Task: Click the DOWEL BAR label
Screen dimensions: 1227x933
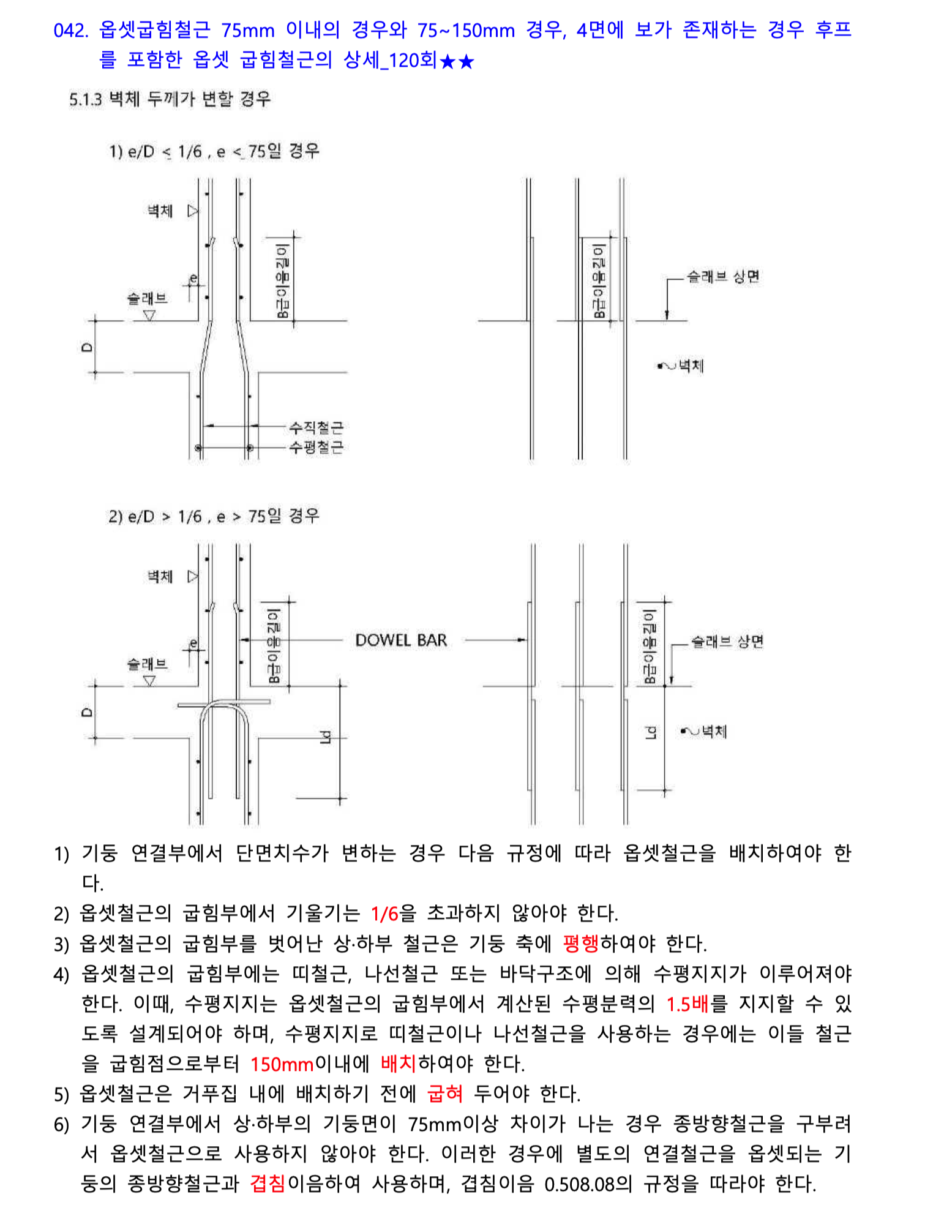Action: point(401,640)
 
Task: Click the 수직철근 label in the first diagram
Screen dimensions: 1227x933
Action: point(316,427)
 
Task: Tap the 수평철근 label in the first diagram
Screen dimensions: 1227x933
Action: point(316,447)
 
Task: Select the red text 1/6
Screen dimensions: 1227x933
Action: point(384,914)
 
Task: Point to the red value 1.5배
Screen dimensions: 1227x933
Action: point(687,1004)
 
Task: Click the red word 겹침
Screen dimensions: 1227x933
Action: point(268,1184)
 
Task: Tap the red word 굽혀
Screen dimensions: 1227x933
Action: point(445,1094)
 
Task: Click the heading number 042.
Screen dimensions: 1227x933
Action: point(71,30)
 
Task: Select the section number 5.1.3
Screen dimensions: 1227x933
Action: point(86,99)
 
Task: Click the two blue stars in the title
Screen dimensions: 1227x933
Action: point(457,61)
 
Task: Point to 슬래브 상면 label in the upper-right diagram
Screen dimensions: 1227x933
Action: point(722,277)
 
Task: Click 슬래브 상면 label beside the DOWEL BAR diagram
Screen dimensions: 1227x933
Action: point(727,642)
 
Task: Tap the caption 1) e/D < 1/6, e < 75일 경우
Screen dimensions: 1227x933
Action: point(214,151)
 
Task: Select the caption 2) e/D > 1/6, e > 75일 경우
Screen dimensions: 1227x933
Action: point(214,516)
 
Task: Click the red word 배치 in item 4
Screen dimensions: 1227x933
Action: point(399,1064)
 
